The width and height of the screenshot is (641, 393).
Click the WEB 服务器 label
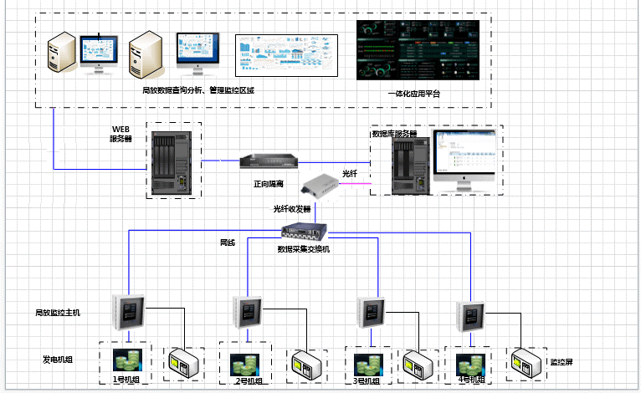[x=121, y=134]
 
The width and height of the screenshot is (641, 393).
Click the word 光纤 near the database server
[x=351, y=173]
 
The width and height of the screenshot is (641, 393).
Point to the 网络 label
[x=228, y=242]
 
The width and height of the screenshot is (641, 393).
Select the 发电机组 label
[x=57, y=359]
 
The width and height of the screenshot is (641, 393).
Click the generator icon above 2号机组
[x=244, y=363]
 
